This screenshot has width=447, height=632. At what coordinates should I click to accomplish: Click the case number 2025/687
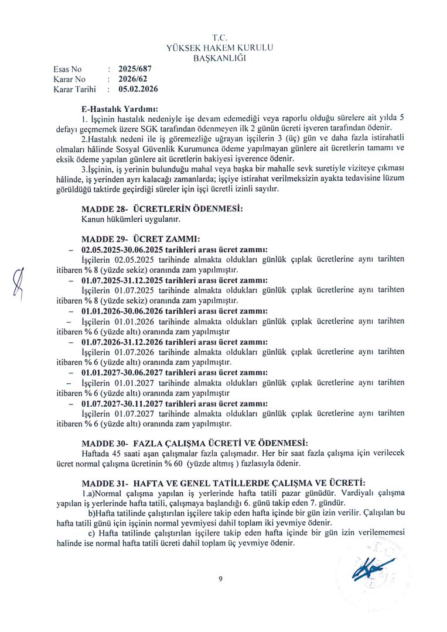pyautogui.click(x=135, y=68)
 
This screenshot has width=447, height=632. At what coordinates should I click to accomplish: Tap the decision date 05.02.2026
pyautogui.click(x=138, y=90)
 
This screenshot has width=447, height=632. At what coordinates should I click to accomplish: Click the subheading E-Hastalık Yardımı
pyautogui.click(x=121, y=109)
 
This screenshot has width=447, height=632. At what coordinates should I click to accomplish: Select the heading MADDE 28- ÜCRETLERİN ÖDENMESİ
pyautogui.click(x=162, y=209)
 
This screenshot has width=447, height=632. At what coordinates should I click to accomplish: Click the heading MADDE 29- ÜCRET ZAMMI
pyautogui.click(x=141, y=239)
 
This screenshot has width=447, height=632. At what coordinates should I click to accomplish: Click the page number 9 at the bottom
pyautogui.click(x=220, y=579)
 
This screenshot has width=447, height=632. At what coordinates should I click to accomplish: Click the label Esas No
pyautogui.click(x=67, y=68)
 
